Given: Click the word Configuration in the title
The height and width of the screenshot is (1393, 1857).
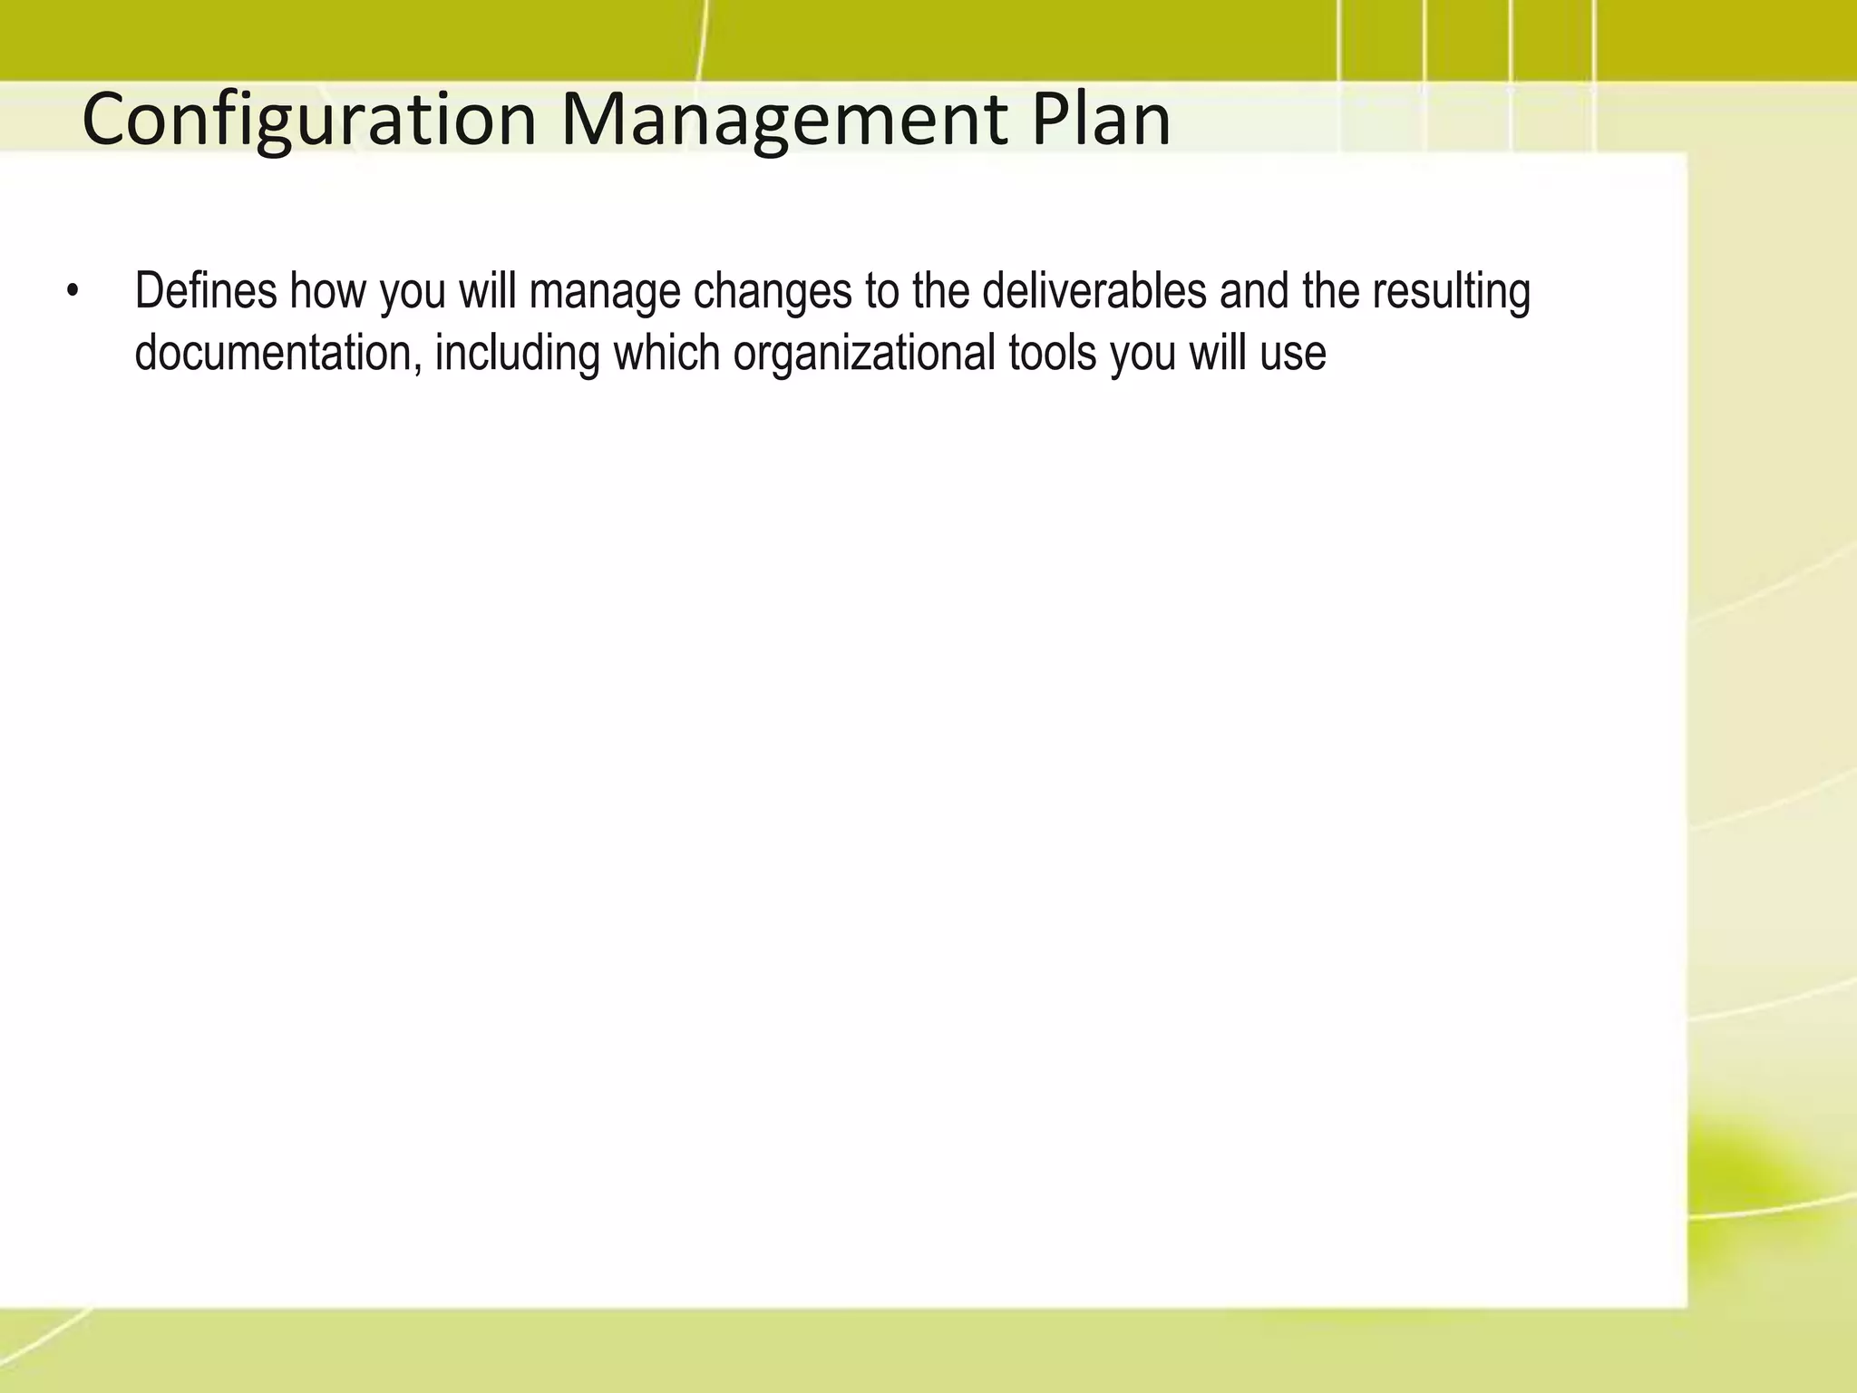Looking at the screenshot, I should coord(309,121).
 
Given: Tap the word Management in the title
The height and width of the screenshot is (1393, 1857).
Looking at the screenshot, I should coord(784,121).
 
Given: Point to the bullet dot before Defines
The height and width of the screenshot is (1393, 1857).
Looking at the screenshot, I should coord(72,293).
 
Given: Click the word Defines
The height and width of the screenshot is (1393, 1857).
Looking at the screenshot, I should coord(206,291).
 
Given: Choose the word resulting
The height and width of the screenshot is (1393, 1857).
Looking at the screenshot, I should coord(1451,293).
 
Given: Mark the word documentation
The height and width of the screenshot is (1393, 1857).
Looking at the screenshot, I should coord(278,353).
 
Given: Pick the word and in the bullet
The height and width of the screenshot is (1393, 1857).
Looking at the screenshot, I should coord(1254,291).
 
